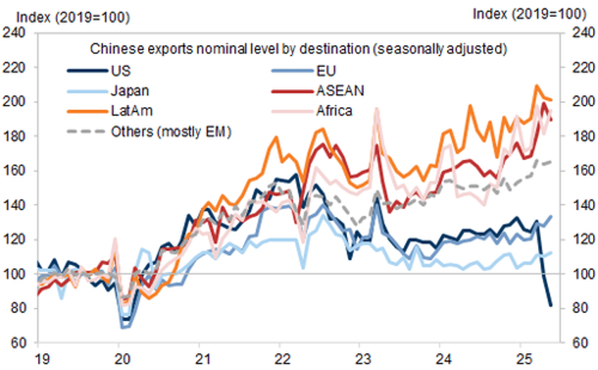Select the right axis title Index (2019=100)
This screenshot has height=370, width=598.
coord(530,13)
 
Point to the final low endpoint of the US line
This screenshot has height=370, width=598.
coord(550,305)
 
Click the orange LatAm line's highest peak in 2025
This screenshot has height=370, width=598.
coord(537,86)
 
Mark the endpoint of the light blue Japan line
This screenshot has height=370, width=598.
coord(551,252)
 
